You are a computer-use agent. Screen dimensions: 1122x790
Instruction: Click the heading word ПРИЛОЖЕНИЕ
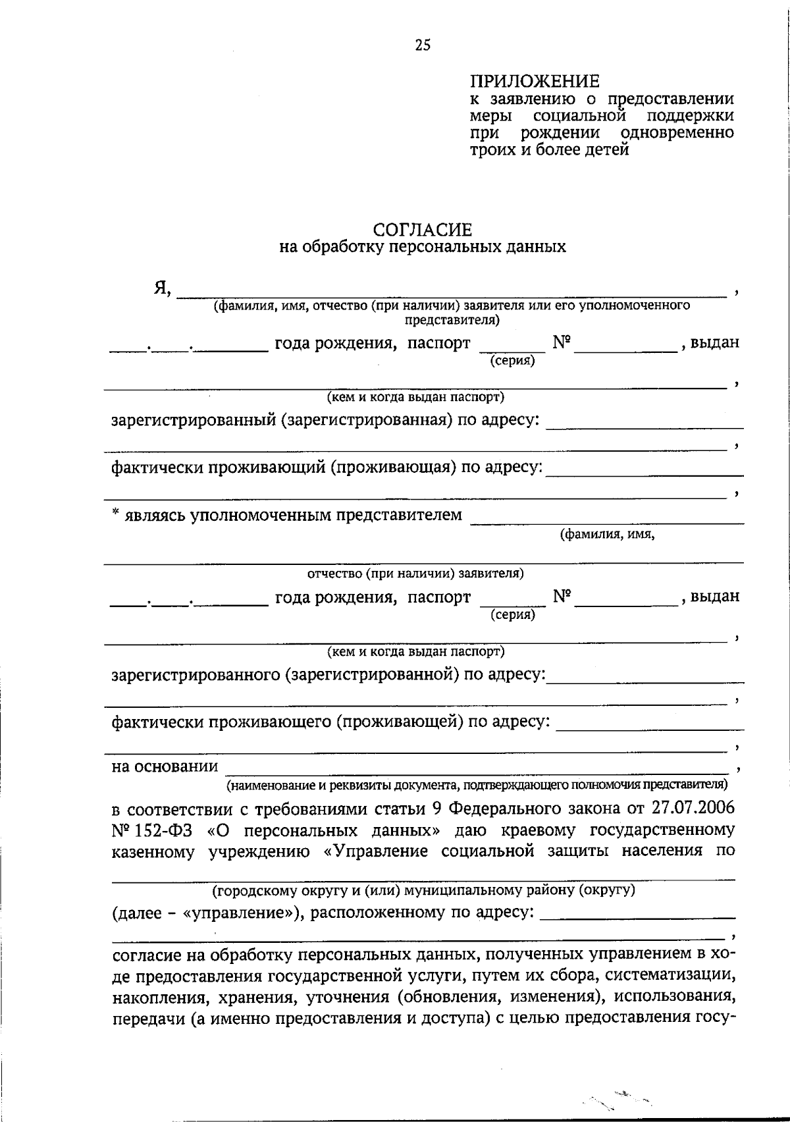coord(535,82)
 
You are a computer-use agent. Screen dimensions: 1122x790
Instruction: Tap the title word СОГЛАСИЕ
coord(422,230)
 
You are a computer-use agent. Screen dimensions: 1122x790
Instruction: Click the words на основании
coord(165,766)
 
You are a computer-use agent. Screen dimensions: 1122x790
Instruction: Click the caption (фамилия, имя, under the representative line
coord(607,534)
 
